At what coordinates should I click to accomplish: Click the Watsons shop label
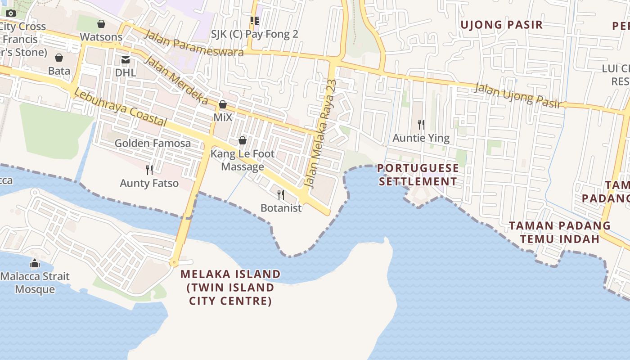click(x=101, y=37)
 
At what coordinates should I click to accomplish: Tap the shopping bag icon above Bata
click(x=59, y=58)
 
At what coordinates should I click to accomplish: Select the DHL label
click(x=125, y=72)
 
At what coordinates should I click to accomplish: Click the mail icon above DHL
click(x=125, y=60)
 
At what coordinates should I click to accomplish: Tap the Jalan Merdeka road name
click(x=176, y=81)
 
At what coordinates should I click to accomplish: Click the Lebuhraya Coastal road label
click(x=120, y=107)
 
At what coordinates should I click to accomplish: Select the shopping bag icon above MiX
click(x=222, y=105)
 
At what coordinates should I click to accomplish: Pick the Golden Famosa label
click(x=153, y=143)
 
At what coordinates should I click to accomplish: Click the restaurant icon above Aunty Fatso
click(x=149, y=170)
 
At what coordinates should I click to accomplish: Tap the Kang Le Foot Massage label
click(x=243, y=160)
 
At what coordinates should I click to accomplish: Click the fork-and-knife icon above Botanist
click(x=281, y=194)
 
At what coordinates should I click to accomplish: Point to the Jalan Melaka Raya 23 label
click(x=320, y=134)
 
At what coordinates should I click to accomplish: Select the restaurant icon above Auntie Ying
click(x=421, y=124)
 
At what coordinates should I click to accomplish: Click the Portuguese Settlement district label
click(x=418, y=175)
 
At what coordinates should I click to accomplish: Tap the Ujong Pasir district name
click(x=501, y=25)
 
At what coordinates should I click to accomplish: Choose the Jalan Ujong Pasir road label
click(x=518, y=95)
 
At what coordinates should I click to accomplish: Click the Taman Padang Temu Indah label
click(x=560, y=232)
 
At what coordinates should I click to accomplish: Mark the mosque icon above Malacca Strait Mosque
click(x=35, y=263)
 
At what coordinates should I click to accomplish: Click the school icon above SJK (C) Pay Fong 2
click(x=255, y=21)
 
